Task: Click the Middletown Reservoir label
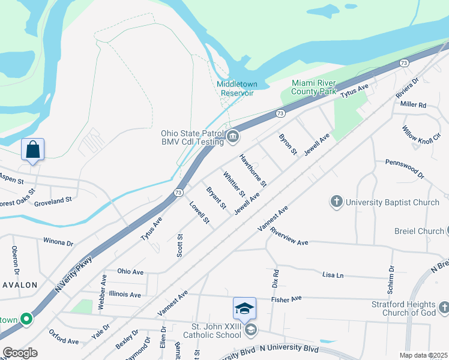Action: tap(235, 88)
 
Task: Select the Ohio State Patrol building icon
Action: tap(234, 138)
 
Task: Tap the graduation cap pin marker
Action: tap(244, 308)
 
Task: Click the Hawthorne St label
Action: tap(253, 169)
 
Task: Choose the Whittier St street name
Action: tap(234, 185)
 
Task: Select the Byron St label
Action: tap(288, 144)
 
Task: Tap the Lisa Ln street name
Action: tap(333, 275)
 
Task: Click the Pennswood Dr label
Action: tap(400, 169)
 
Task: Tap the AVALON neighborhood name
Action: tap(19, 285)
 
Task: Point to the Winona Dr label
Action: tap(58, 242)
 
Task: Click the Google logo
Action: tap(20, 353)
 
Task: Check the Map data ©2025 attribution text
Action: tap(423, 355)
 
